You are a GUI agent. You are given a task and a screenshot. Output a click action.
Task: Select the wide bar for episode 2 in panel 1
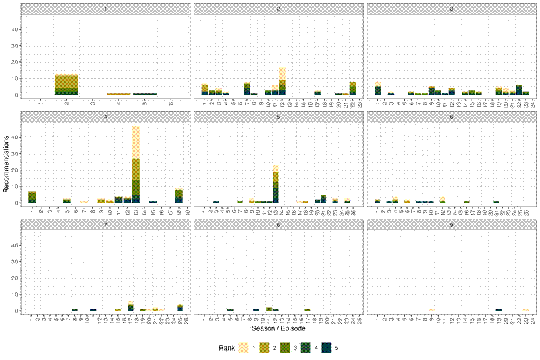tap(66, 85)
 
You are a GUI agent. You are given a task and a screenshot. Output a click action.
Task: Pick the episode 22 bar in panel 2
tap(352, 88)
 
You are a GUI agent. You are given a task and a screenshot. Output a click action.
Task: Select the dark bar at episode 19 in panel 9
tap(499, 310)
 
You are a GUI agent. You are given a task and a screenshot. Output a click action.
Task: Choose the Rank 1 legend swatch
tap(245, 348)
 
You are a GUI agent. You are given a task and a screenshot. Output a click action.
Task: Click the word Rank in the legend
tap(227, 348)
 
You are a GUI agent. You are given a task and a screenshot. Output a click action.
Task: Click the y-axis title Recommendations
tap(7, 163)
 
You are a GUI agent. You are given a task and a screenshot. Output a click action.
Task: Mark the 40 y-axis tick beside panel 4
tap(15, 137)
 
